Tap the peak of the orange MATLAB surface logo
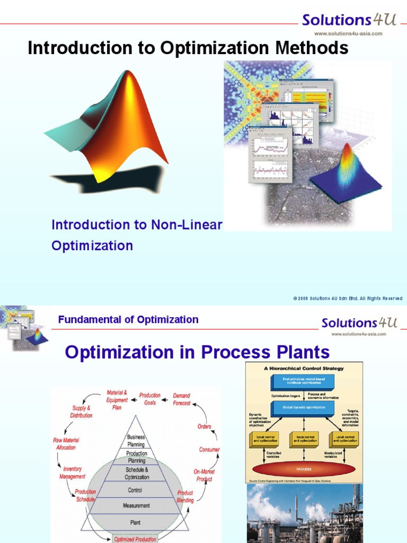[x=127, y=74]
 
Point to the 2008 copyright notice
[x=348, y=299]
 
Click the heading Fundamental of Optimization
[x=128, y=320]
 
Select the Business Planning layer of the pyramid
[x=136, y=441]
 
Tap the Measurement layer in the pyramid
[x=136, y=506]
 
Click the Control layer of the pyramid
[x=136, y=490]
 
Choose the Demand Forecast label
[x=182, y=399]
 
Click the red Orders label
[x=205, y=426]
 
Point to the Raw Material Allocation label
[x=65, y=444]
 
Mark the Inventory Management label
[x=72, y=473]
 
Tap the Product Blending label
[x=185, y=496]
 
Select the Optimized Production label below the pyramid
[x=136, y=539]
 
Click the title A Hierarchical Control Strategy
[x=304, y=368]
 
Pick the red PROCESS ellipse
[x=304, y=469]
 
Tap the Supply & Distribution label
[x=81, y=412]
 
